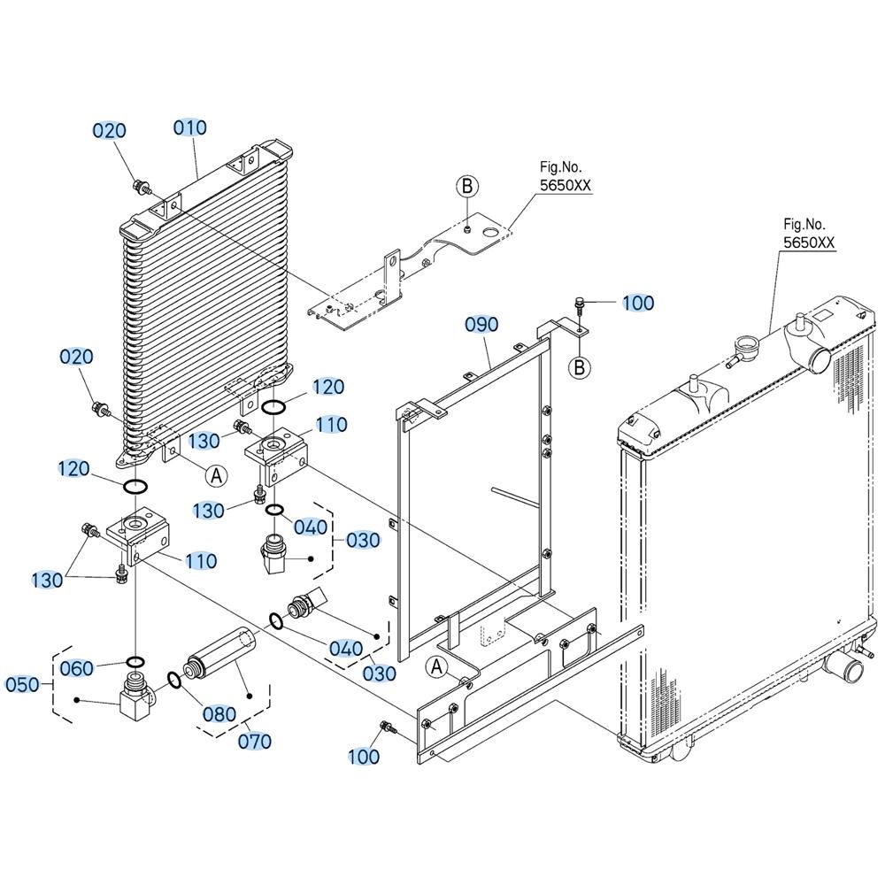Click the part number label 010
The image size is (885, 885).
coord(190,128)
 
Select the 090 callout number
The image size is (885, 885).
coord(482,325)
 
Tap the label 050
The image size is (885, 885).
coord(23,685)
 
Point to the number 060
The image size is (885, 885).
coord(76,669)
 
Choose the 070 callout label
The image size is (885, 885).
coord(255,741)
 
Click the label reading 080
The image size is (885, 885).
coord(219,714)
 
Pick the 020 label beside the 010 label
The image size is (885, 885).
coord(110,131)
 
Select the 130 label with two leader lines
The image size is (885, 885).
coord(48,581)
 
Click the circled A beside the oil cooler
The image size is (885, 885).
coord(216,476)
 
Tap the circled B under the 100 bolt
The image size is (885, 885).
coord(579,368)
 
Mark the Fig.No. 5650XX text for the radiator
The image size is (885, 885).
coord(809,234)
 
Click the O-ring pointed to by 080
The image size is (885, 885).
coord(174,680)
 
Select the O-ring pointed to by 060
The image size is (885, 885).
coord(136,661)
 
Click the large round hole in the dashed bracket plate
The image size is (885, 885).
coord(492,233)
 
